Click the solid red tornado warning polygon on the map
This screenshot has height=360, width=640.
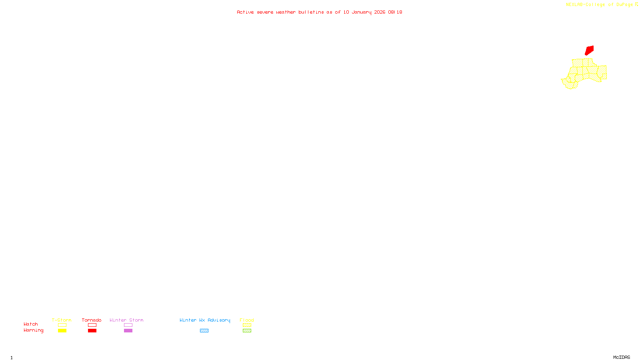pyautogui.click(x=589, y=50)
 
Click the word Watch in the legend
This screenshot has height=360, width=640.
pyautogui.click(x=31, y=324)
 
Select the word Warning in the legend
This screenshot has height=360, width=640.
pyautogui.click(x=33, y=330)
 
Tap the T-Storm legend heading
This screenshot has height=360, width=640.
pyautogui.click(x=62, y=320)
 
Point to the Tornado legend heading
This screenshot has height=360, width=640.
pyautogui.click(x=92, y=320)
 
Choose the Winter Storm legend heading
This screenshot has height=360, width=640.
pyautogui.click(x=126, y=320)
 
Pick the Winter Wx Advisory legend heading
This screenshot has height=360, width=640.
pyautogui.click(x=205, y=320)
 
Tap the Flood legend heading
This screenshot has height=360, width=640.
pyautogui.click(x=247, y=320)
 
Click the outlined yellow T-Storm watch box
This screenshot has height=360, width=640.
pyautogui.click(x=62, y=325)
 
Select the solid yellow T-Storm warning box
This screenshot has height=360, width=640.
pyautogui.click(x=62, y=331)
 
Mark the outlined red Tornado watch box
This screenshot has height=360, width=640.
pyautogui.click(x=92, y=325)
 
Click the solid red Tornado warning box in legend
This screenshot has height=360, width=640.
pyautogui.click(x=92, y=331)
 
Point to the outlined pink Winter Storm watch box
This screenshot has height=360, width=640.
pyautogui.click(x=128, y=325)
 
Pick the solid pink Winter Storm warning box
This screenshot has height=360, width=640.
pyautogui.click(x=128, y=331)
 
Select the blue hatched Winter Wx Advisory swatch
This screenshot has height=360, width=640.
pyautogui.click(x=204, y=331)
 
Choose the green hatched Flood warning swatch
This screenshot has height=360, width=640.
pyautogui.click(x=247, y=331)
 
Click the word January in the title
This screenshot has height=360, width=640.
pyautogui.click(x=362, y=12)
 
